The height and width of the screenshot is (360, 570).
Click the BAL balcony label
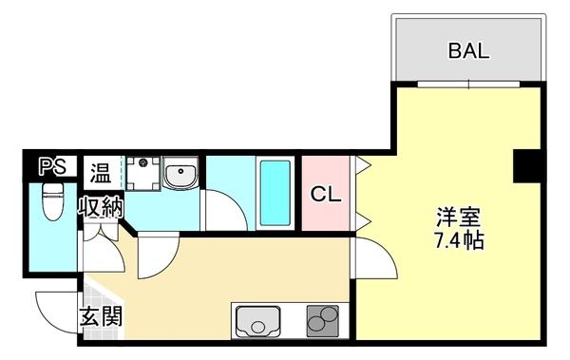tap(468, 50)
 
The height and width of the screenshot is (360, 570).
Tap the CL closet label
tap(326, 195)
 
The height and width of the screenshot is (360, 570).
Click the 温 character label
tap(101, 173)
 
